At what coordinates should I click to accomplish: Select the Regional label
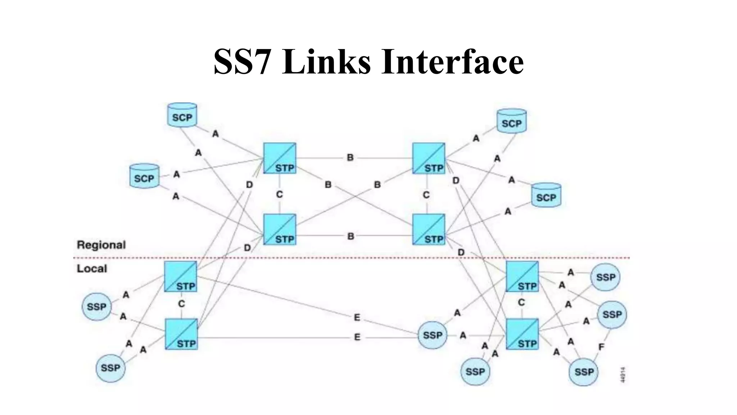pos(101,245)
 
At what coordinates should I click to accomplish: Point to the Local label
pos(92,269)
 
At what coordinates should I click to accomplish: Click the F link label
pos(601,347)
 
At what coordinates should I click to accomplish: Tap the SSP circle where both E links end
pos(432,335)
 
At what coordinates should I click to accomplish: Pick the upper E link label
pos(357,317)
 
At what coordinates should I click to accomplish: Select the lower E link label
pos(357,337)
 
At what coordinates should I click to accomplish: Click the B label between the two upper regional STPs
pos(350,157)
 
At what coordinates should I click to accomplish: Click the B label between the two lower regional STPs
pos(351,236)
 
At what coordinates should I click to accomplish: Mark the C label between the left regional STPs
pos(280,195)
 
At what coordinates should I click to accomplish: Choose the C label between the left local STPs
pos(181,304)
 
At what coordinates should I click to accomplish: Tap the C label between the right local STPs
pos(521,303)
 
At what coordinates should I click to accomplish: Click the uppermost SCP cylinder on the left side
pos(182,115)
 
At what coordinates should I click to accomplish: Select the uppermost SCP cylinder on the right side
pos(511,121)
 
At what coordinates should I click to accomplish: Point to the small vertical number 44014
pos(623,375)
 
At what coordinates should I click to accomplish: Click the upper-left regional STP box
pos(280,158)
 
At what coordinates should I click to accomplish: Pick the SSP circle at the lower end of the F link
pos(583,372)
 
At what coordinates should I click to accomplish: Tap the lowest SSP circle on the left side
pos(110,368)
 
